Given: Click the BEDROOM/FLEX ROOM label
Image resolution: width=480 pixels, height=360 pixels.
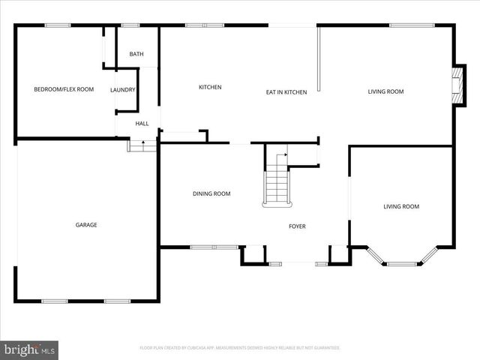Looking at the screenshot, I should click(64, 90).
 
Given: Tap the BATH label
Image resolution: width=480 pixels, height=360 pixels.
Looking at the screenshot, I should click(136, 54).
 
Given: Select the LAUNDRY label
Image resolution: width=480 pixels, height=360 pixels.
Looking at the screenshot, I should click(123, 90).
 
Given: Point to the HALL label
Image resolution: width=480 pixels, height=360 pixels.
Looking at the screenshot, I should click(142, 124).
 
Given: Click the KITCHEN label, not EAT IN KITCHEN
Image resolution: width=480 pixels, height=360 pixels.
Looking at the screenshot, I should click(210, 88).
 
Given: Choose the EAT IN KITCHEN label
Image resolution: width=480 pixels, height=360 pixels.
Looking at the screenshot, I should click(286, 92).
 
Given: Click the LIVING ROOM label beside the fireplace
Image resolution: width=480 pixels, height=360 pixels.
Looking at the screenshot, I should click(385, 92).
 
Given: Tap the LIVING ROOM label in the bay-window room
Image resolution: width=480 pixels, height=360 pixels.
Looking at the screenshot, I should click(401, 206).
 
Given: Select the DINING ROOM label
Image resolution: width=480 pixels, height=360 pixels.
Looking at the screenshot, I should click(211, 194).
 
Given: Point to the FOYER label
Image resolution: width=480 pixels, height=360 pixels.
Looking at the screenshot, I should click(298, 226).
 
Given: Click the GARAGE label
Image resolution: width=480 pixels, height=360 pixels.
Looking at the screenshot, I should click(85, 225).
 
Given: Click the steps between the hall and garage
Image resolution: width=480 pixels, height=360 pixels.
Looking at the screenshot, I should click(142, 145).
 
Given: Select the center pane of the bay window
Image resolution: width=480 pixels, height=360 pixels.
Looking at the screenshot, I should click(406, 263).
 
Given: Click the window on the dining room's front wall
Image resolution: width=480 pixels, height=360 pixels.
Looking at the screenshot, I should click(213, 246).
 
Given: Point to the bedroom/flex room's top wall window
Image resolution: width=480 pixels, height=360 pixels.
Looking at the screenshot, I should click(57, 25).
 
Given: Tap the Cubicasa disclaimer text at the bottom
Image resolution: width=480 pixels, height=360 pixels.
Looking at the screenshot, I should click(240, 348).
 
